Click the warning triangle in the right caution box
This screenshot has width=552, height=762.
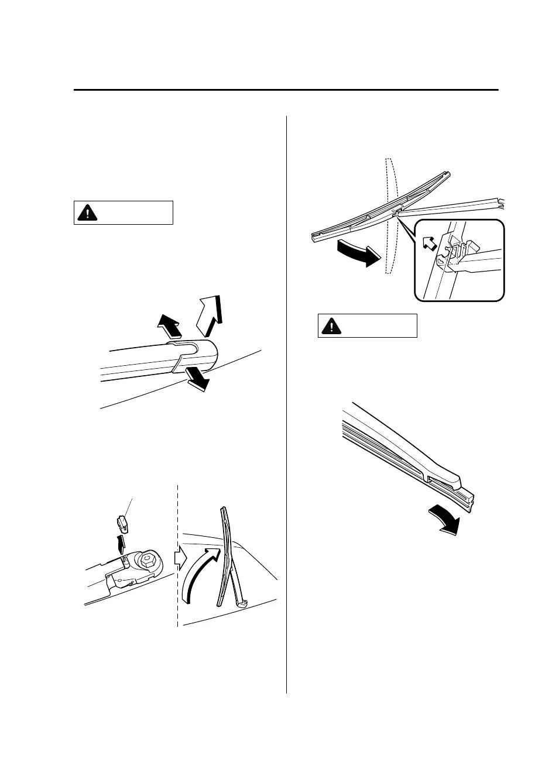(331, 326)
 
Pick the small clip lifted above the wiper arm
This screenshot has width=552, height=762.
(122, 521)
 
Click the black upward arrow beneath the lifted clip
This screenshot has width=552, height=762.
(122, 542)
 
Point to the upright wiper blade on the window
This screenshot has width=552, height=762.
(225, 556)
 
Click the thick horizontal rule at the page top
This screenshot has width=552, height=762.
(286, 90)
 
